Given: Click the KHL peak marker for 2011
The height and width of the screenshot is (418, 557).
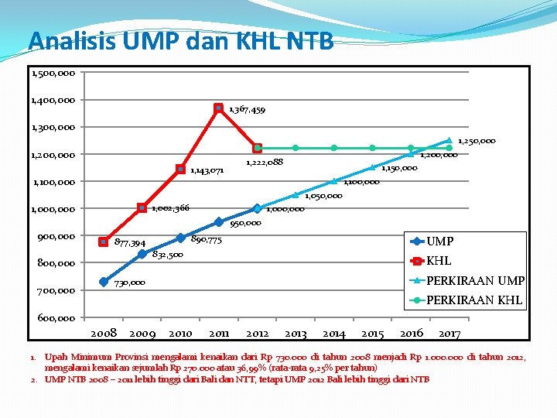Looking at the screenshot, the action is tap(219, 108).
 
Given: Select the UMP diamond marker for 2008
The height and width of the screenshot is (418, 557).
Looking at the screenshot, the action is tap(104, 282).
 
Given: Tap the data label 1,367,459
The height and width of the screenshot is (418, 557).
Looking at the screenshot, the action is tap(248, 110).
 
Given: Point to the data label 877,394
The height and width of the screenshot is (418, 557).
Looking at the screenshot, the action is tap(130, 243).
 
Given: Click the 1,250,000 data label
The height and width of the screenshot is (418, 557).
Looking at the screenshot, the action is tap(477, 141).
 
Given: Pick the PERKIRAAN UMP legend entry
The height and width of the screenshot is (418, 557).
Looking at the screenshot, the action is tap(467, 281).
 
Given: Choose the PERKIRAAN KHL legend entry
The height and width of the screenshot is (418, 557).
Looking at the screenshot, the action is tap(466, 300).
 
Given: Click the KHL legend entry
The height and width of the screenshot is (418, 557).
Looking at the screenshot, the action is tap(431, 261).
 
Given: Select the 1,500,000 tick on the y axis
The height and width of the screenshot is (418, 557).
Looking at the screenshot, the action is tap(53, 74).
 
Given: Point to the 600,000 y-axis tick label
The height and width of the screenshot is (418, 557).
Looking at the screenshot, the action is tap(56, 318).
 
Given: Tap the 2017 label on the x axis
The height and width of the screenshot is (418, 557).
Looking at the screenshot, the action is tap(449, 334).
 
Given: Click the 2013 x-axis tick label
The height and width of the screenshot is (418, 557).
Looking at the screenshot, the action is tap(296, 334).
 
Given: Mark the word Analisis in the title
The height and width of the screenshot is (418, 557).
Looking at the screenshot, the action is tap(73, 40).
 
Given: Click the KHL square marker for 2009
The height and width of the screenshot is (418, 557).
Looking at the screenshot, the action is tap(142, 207).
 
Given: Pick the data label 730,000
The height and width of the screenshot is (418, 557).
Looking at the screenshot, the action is tap(130, 283).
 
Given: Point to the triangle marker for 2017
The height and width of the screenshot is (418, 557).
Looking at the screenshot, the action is tap(449, 140).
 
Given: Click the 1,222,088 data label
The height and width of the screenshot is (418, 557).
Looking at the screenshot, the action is tap(265, 163).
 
